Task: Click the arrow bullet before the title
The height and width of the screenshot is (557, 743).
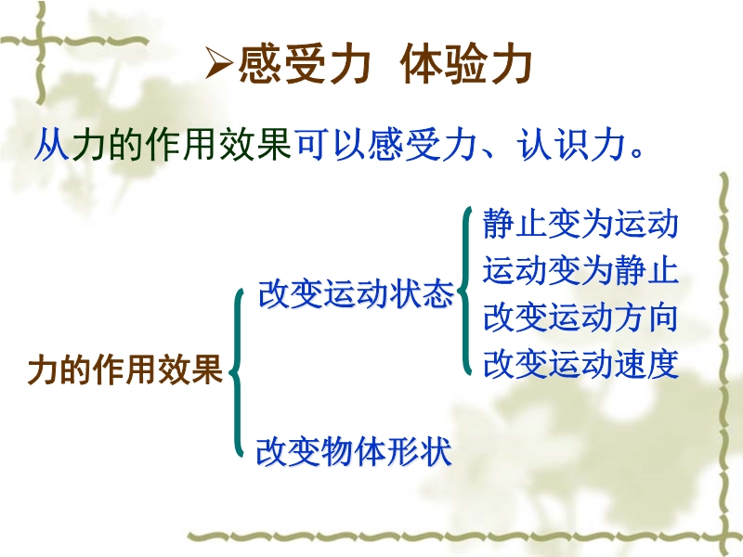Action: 219,63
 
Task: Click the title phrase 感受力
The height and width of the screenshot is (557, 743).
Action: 304,64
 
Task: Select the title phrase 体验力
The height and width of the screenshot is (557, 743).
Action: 466,64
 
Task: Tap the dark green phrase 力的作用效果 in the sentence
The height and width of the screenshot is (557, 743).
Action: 181,144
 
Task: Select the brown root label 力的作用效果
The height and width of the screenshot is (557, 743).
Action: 125,369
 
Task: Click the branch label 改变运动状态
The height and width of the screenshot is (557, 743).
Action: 356,293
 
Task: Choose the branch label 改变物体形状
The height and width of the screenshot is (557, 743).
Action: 354,451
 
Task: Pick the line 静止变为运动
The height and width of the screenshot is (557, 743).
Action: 581,223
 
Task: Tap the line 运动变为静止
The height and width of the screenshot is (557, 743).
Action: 581,270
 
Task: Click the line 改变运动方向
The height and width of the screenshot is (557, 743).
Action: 581,317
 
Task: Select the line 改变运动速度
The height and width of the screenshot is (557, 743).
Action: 581,364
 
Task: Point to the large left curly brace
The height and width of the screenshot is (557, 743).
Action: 238,373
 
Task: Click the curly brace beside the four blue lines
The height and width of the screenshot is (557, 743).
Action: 465,291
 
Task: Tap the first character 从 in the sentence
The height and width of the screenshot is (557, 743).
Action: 52,144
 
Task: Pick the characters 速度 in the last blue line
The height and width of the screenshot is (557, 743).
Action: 647,364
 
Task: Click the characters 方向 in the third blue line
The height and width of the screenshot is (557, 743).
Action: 647,317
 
